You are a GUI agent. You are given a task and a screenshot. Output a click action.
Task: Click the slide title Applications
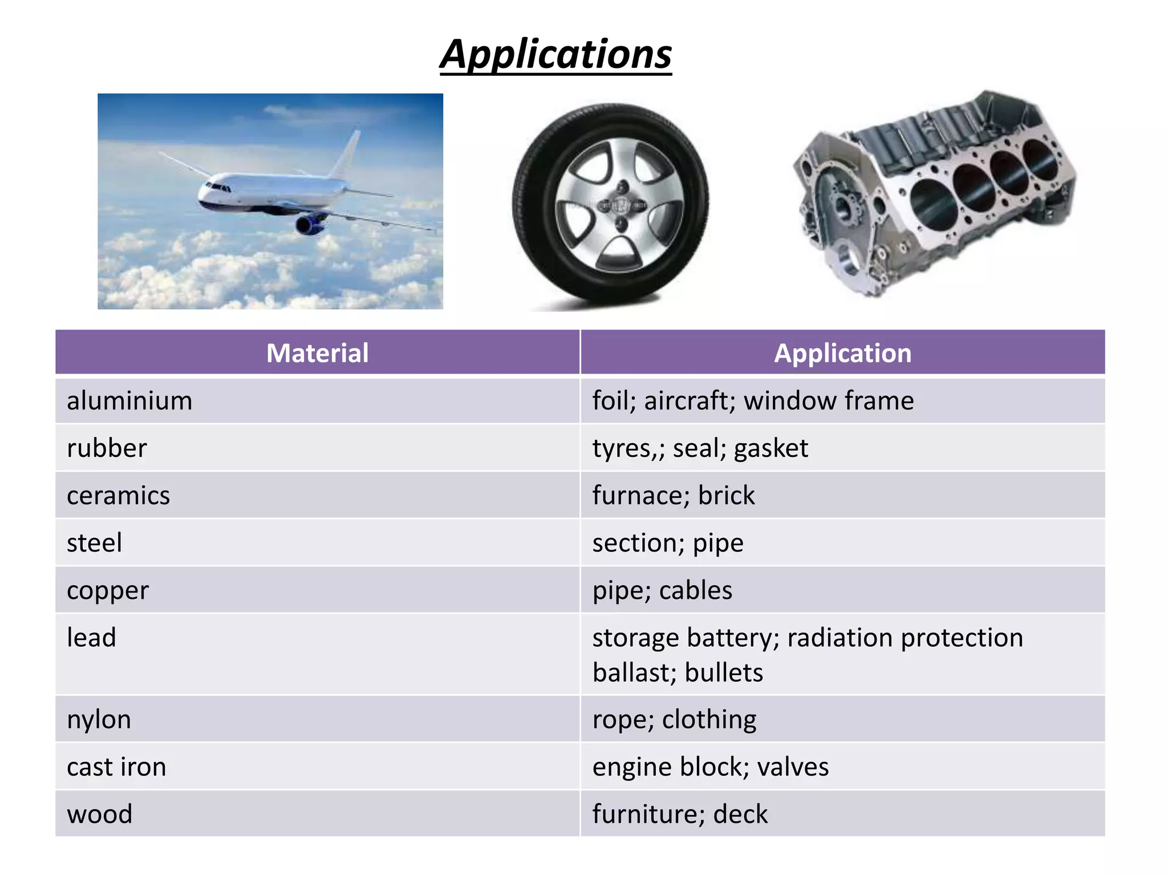(556, 55)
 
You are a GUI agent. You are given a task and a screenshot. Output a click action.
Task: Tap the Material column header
(317, 353)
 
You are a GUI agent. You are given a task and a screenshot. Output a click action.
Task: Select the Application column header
(842, 353)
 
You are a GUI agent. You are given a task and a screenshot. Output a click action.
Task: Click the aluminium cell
(129, 401)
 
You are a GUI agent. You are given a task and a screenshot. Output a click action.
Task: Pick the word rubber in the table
(107, 448)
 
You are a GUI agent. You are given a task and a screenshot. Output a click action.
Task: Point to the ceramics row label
(118, 496)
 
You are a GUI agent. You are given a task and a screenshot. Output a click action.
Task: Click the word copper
(108, 591)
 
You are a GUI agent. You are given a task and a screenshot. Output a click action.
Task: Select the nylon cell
(99, 720)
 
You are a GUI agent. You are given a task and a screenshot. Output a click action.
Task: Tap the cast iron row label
(116, 767)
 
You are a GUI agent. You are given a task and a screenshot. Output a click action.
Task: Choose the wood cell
(99, 814)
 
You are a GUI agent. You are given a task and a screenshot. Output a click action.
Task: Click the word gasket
(770, 449)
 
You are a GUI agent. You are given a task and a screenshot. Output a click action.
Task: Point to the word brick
(726, 496)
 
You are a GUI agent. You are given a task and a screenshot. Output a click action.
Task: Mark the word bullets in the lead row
(724, 673)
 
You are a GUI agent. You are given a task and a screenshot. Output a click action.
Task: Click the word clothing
(709, 720)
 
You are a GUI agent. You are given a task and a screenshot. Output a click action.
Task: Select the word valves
(793, 767)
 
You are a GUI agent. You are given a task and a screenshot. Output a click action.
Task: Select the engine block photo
(935, 194)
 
